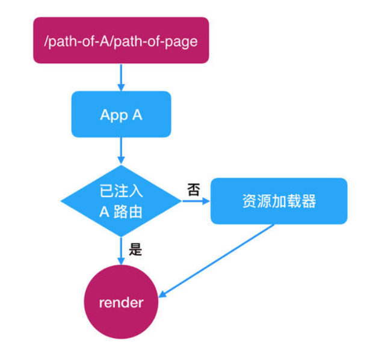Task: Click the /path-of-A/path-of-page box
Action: click(x=121, y=40)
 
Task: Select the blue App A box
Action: click(x=121, y=114)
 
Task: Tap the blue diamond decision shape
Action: click(x=121, y=201)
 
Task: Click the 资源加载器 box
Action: click(x=279, y=201)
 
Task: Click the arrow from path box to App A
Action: click(x=121, y=76)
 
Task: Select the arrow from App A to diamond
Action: click(x=121, y=150)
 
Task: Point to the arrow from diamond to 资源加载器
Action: click(x=195, y=201)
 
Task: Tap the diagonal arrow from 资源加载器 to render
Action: click(x=217, y=261)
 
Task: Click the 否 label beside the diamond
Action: click(x=193, y=191)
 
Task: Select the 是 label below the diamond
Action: click(x=135, y=249)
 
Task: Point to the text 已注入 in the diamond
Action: click(x=121, y=192)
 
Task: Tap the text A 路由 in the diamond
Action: click(x=121, y=212)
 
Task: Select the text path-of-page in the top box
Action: click(x=159, y=41)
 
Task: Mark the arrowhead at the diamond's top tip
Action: click(x=121, y=160)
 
